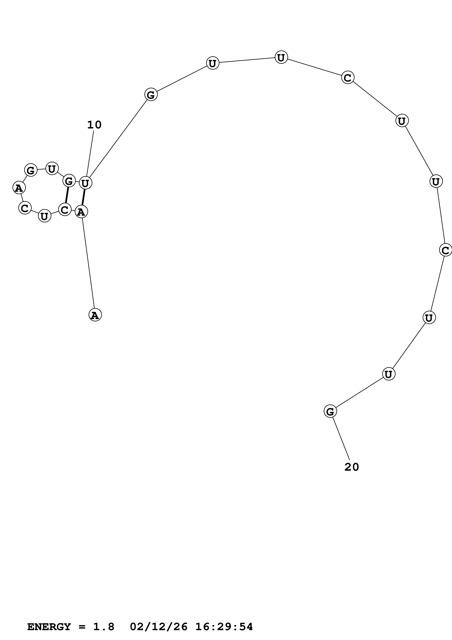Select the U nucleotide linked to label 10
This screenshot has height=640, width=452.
[86, 183]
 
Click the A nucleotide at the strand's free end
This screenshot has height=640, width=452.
[95, 315]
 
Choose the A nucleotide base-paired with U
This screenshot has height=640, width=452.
[81, 212]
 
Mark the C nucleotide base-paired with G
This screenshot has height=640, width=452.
[65, 210]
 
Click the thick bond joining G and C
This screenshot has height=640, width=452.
[67, 195]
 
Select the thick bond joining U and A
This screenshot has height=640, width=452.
[83, 197]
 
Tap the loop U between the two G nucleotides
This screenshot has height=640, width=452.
[52, 169]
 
